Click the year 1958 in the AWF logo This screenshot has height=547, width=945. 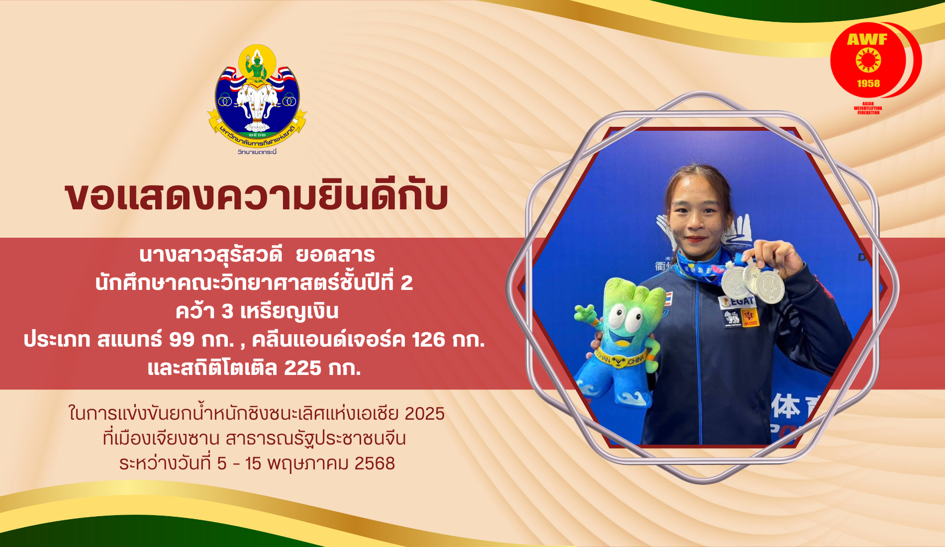pos(868,84)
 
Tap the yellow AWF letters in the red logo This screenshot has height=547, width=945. pos(867,39)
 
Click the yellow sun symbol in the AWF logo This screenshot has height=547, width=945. pos(868,61)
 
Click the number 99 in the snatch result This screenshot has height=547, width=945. pos(182,339)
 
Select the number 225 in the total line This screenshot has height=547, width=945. pos(302,368)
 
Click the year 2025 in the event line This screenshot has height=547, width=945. pos(425,414)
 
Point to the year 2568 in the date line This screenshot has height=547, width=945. pos(375,463)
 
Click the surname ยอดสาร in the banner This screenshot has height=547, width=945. pos(335,255)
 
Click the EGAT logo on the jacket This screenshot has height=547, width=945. pos(739,301)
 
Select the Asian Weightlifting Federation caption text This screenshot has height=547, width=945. pos(868,108)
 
